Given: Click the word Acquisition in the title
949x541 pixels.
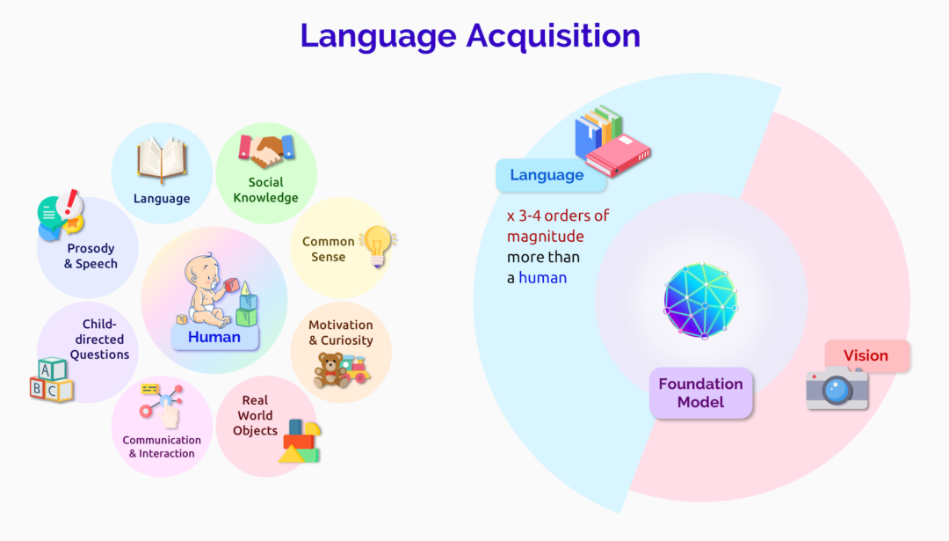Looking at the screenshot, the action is click(x=554, y=35).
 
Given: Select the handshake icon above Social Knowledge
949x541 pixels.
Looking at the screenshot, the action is click(x=266, y=150).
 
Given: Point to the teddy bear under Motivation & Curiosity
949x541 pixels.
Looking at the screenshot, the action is click(x=331, y=370).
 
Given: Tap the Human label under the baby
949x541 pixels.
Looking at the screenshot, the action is click(x=214, y=336).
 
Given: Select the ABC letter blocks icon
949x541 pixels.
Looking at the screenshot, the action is click(x=51, y=380).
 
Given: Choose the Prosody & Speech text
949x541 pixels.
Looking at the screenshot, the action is click(x=91, y=256).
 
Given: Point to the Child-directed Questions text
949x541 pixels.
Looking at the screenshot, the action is click(x=99, y=340).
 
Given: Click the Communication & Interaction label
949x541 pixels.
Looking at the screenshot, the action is click(x=162, y=447).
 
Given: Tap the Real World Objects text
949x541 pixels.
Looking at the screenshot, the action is click(x=255, y=415).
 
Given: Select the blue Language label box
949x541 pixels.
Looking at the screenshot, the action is click(x=547, y=175).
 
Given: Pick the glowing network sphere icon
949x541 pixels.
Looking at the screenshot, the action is click(x=700, y=300).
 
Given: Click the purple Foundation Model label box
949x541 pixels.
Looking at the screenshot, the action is click(x=700, y=393).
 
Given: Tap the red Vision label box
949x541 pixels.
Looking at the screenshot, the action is click(x=866, y=355).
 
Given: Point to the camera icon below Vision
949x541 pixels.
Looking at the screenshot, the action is click(x=837, y=388).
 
